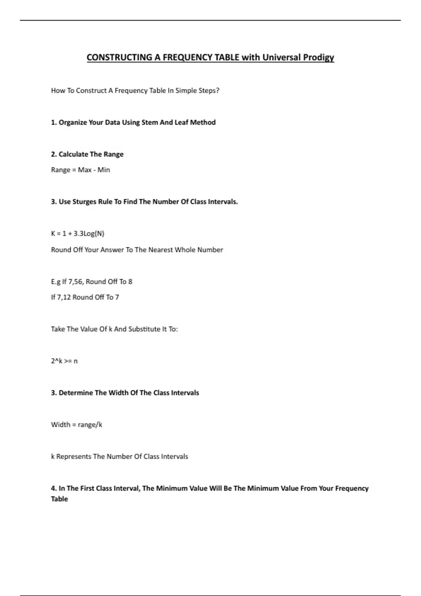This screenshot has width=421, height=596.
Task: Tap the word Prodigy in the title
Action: (319, 57)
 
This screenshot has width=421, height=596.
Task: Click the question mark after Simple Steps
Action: (218, 90)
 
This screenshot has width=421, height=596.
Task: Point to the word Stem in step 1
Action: (149, 122)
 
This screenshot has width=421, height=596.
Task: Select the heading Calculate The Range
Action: (91, 154)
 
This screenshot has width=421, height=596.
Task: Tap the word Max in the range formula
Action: (85, 170)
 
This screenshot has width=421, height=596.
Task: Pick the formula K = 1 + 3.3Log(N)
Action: (78, 233)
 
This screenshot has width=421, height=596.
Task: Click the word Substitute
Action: (144, 329)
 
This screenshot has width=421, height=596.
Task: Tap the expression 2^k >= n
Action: (64, 361)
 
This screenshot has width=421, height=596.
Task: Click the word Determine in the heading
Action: (75, 393)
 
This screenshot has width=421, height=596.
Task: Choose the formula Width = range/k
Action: (76, 425)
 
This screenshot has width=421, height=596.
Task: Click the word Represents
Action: (74, 456)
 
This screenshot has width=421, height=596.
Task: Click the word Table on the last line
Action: (59, 499)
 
